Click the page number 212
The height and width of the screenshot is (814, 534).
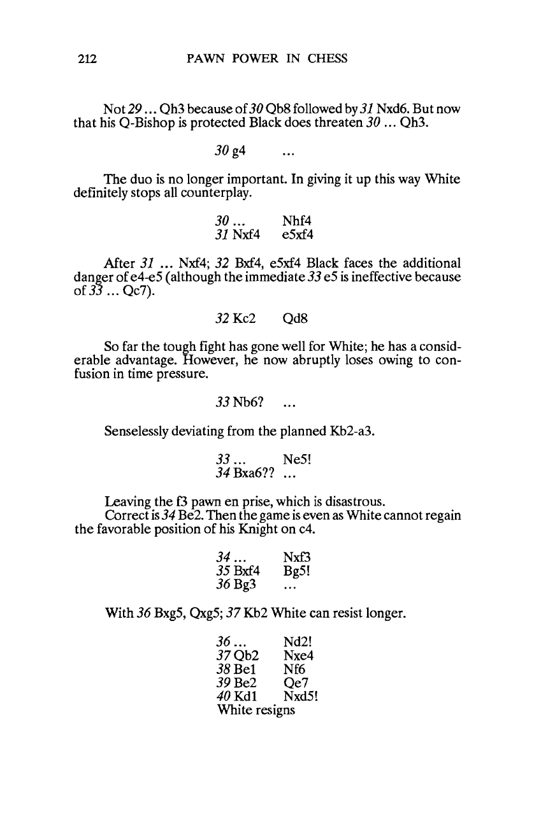coord(83,59)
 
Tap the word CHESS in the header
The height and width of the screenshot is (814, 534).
coord(327,59)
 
